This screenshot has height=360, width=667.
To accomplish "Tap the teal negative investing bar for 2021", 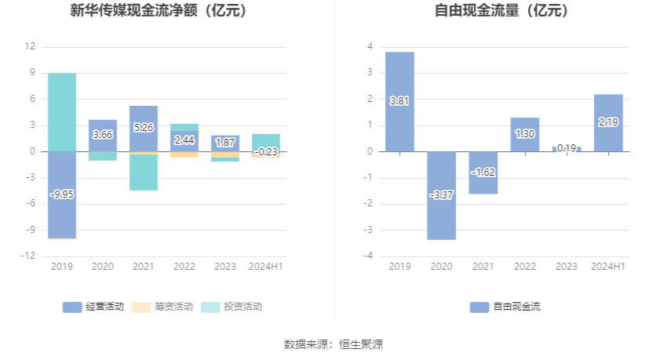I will point(144,174).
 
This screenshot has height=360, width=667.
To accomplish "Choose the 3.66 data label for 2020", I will point(103,135).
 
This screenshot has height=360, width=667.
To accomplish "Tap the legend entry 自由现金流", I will point(506,307).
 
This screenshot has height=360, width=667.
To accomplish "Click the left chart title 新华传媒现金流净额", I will point(158,11).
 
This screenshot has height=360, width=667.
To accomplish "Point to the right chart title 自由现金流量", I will point(501,11).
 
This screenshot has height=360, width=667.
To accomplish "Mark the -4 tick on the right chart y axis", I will point(368,256).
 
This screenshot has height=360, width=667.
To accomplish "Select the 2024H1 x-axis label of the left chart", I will point(266,267).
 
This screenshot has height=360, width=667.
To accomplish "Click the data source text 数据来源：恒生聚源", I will point(333,344).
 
